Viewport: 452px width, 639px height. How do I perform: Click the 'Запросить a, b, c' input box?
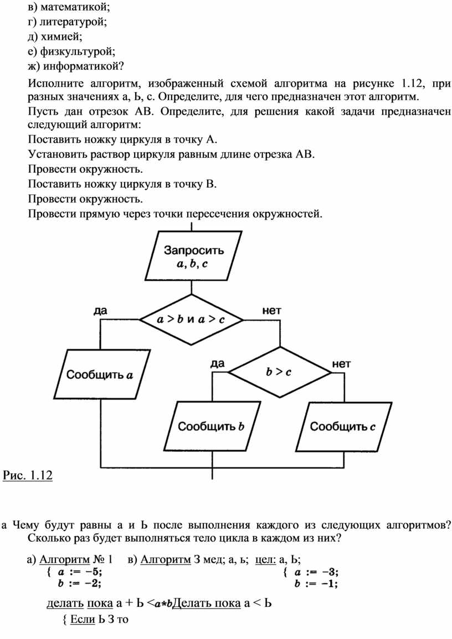[194, 255]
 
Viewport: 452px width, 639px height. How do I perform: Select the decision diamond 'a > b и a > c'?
[191, 319]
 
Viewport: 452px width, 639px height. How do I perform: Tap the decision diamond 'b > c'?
[280, 372]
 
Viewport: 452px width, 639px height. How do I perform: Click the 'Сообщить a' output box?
[102, 374]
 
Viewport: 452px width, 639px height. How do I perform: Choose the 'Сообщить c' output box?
[343, 427]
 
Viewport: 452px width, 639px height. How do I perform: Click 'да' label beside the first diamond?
[100, 311]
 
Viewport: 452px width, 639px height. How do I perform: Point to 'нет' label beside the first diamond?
[272, 311]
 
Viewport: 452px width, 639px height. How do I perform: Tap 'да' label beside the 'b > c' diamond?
[218, 363]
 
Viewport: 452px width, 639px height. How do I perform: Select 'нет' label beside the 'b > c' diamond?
[342, 363]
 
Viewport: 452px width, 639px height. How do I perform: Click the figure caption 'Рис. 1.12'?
[28, 475]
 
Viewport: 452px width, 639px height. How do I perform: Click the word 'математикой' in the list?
[75, 7]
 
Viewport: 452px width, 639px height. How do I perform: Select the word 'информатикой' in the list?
[83, 66]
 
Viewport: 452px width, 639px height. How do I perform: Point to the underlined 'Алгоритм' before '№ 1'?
[64, 560]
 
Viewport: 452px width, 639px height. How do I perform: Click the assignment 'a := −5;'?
[80, 572]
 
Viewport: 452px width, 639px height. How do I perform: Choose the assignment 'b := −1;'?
[316, 584]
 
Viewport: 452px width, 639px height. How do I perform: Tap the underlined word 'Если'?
[83, 620]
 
